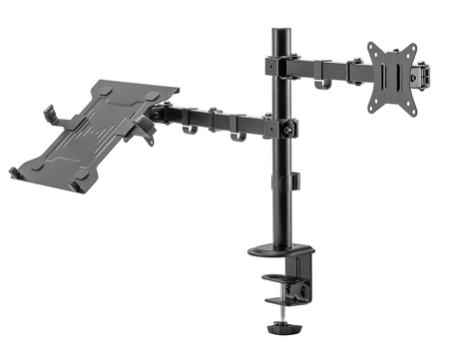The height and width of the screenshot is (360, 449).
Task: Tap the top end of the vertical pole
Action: (279, 25)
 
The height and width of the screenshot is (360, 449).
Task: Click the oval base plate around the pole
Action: (280, 250)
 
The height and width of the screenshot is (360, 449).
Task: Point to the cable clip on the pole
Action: (294, 180)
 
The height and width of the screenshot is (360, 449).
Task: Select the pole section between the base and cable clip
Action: (280, 214)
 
